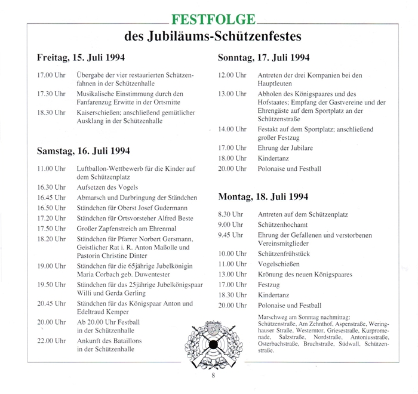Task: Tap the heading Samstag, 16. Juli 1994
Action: tap(83, 151)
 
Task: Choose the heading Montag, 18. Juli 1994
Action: tap(263, 196)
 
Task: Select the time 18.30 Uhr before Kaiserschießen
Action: tap(51, 112)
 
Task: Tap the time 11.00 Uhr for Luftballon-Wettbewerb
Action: tap(51, 169)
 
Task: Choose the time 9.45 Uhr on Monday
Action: tap(232, 235)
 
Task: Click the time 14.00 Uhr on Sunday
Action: tap(232, 129)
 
